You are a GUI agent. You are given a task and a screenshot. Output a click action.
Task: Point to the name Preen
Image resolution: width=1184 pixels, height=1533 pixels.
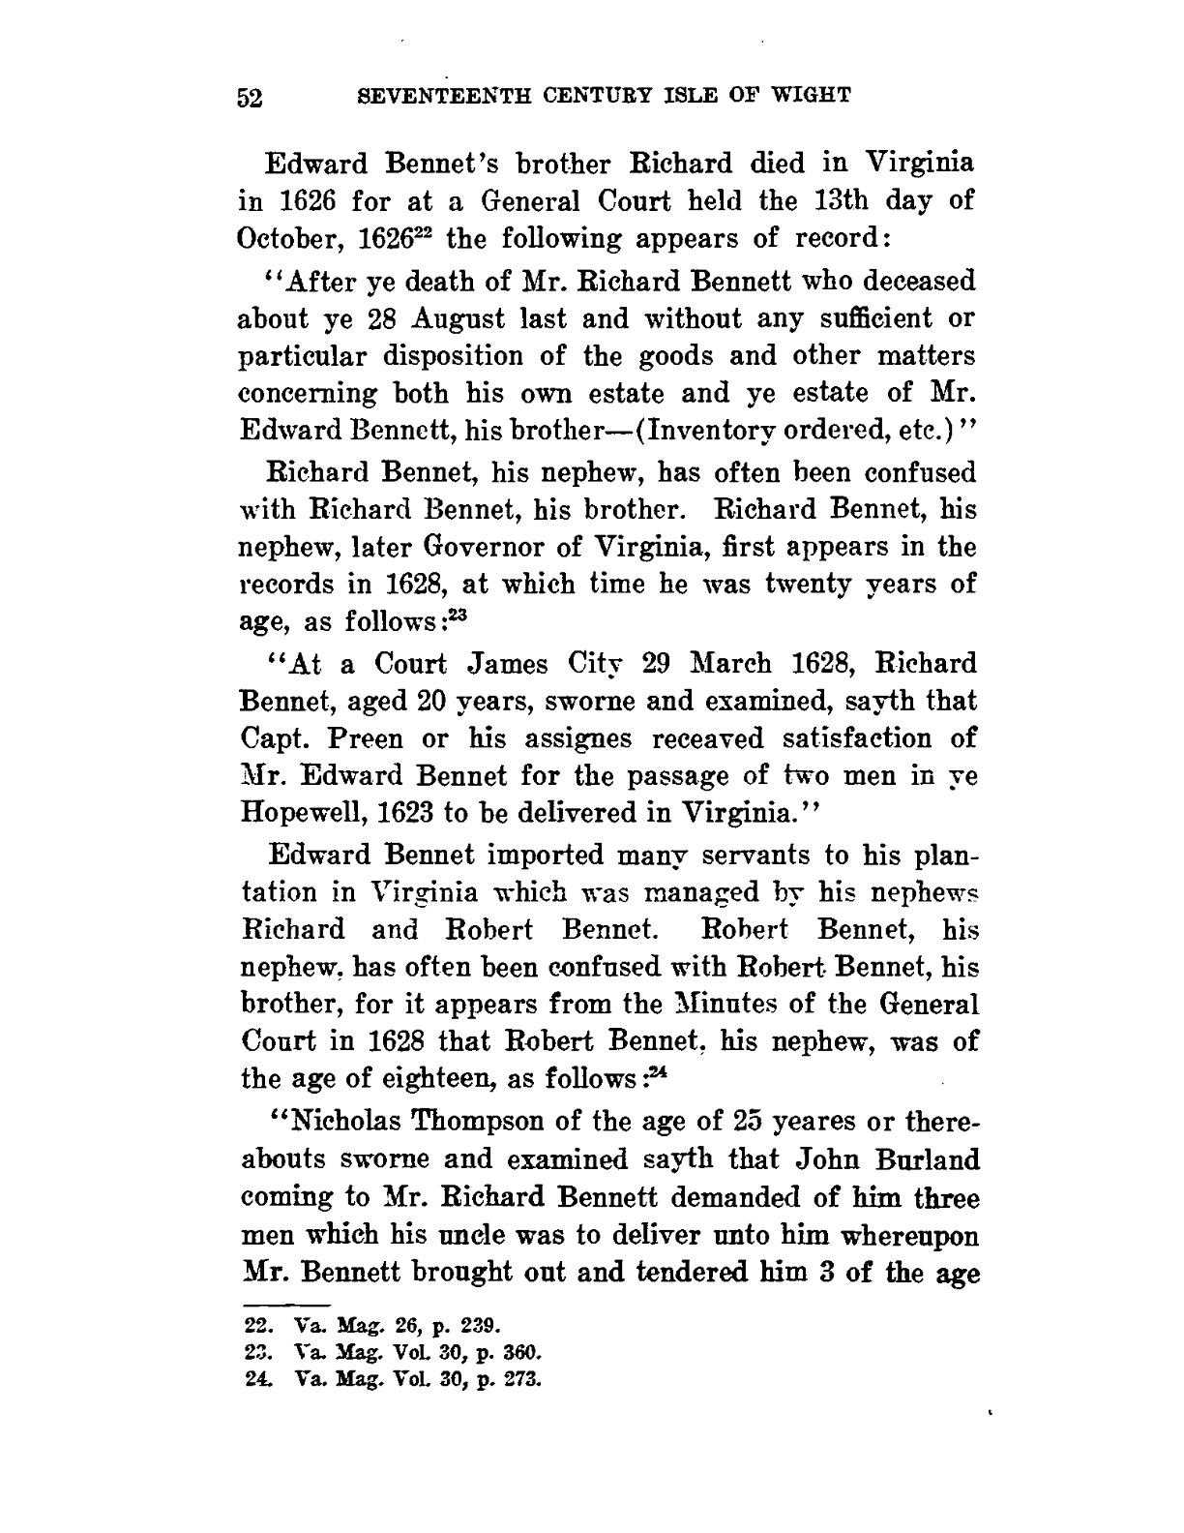(358, 739)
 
